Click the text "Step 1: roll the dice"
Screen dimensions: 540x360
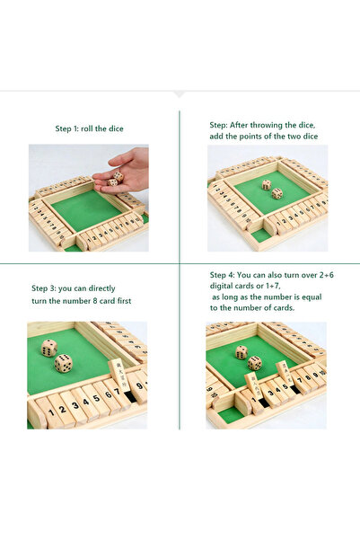tap(89, 128)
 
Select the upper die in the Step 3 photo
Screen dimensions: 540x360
tap(49, 348)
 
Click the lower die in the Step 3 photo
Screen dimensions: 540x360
tap(64, 363)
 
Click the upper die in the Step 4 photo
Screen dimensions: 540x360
tap(241, 352)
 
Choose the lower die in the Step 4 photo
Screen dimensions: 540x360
tap(255, 363)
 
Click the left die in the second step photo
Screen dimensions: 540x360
tap(266, 184)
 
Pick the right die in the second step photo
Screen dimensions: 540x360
tap(277, 193)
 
